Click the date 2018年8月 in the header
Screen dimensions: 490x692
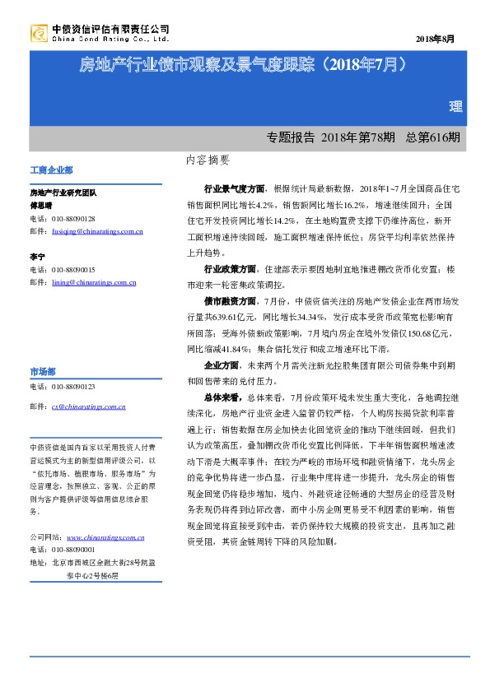click(x=437, y=39)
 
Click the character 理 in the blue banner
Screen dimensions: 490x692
click(x=454, y=107)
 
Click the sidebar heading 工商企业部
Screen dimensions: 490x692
click(x=51, y=170)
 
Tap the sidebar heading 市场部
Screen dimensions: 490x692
click(x=43, y=370)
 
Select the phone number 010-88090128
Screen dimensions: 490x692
click(x=73, y=219)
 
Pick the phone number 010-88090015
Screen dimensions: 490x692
click(x=73, y=269)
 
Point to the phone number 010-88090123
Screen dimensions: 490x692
click(x=73, y=386)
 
